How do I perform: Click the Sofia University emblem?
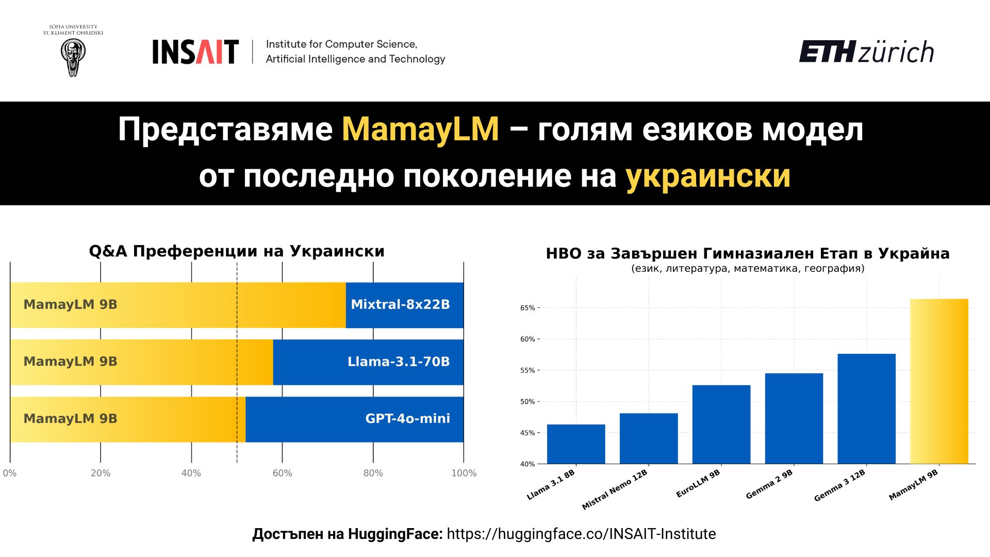pos(73,57)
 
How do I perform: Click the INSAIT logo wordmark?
pos(195,52)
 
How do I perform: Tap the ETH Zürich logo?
pos(866,52)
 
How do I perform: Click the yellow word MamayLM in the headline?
pos(420,129)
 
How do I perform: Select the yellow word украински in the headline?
pos(708,176)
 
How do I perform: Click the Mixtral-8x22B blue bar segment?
pos(404,305)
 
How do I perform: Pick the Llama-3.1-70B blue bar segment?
pos(368,362)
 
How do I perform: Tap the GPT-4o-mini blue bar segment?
pos(354,419)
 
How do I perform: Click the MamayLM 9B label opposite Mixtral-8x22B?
pos(71,305)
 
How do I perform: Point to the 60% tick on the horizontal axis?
pos(282,473)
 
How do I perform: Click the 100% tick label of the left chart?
pos(464,473)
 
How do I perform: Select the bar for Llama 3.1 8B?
pos(575,444)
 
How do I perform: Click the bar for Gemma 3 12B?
pos(866,408)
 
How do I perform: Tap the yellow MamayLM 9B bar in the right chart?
pos(939,381)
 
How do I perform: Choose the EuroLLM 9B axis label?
pos(698,484)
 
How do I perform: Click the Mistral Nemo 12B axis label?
pos(615,490)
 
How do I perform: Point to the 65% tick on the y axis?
pos(528,308)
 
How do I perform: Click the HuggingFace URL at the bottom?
pos(581,534)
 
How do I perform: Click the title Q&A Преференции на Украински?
pos(237,251)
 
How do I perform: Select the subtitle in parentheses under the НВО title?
pos(748,268)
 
